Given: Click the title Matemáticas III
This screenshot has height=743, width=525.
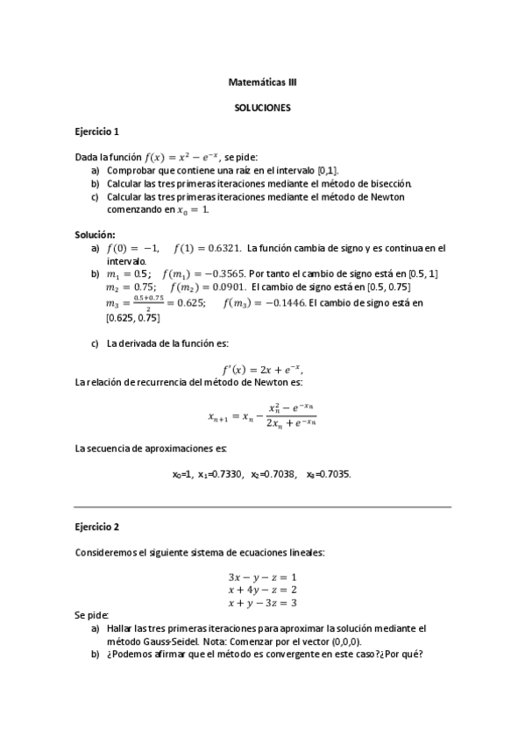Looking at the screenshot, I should click(x=262, y=83).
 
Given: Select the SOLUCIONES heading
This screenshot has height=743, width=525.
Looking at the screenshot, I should click(x=262, y=108).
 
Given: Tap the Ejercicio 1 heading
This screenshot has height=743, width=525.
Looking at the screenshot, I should click(x=96, y=131).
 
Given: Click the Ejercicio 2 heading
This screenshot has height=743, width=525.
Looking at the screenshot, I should click(x=96, y=527).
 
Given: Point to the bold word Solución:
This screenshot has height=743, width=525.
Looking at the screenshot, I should click(x=96, y=235).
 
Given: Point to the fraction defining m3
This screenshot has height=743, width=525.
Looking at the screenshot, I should click(x=153, y=303).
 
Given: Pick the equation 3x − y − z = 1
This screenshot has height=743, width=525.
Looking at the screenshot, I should click(x=262, y=577).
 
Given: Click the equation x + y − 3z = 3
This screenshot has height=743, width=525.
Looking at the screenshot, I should click(x=262, y=603).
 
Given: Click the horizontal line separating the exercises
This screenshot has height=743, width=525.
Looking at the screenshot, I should click(x=262, y=507).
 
